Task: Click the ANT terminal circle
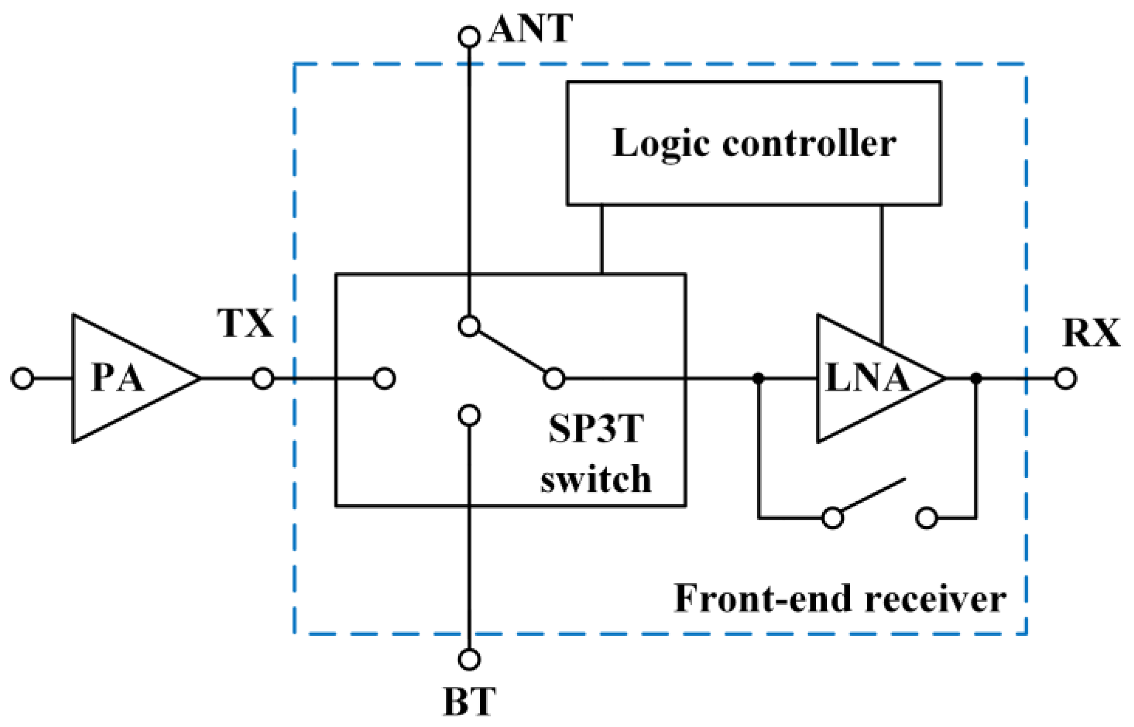tap(469, 37)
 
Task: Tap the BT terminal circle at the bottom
tap(469, 659)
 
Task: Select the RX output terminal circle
tap(1065, 378)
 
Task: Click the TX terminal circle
tap(263, 378)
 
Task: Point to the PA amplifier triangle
tap(124, 378)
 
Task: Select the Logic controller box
tap(754, 143)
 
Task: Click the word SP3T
tap(596, 429)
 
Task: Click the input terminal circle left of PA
tap(22, 378)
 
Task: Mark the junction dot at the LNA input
tap(758, 378)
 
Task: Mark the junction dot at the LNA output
tap(976, 378)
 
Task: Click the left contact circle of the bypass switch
tap(832, 518)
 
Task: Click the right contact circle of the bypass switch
tap(926, 518)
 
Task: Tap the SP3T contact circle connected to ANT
tap(469, 326)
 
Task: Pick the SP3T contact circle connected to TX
tap(385, 378)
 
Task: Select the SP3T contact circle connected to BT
tap(469, 415)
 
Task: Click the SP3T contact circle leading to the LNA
tap(554, 378)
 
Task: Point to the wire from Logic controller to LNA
tap(881, 273)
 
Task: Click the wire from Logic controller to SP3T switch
tap(602, 240)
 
